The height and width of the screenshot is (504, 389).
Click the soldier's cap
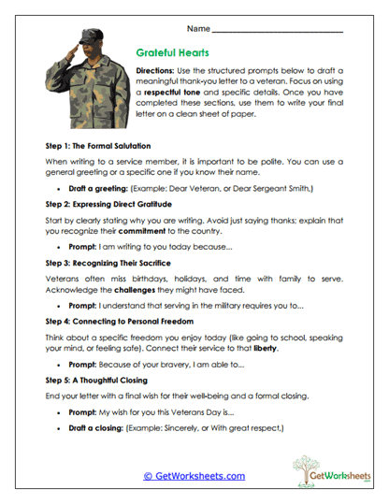pos(76,41)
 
